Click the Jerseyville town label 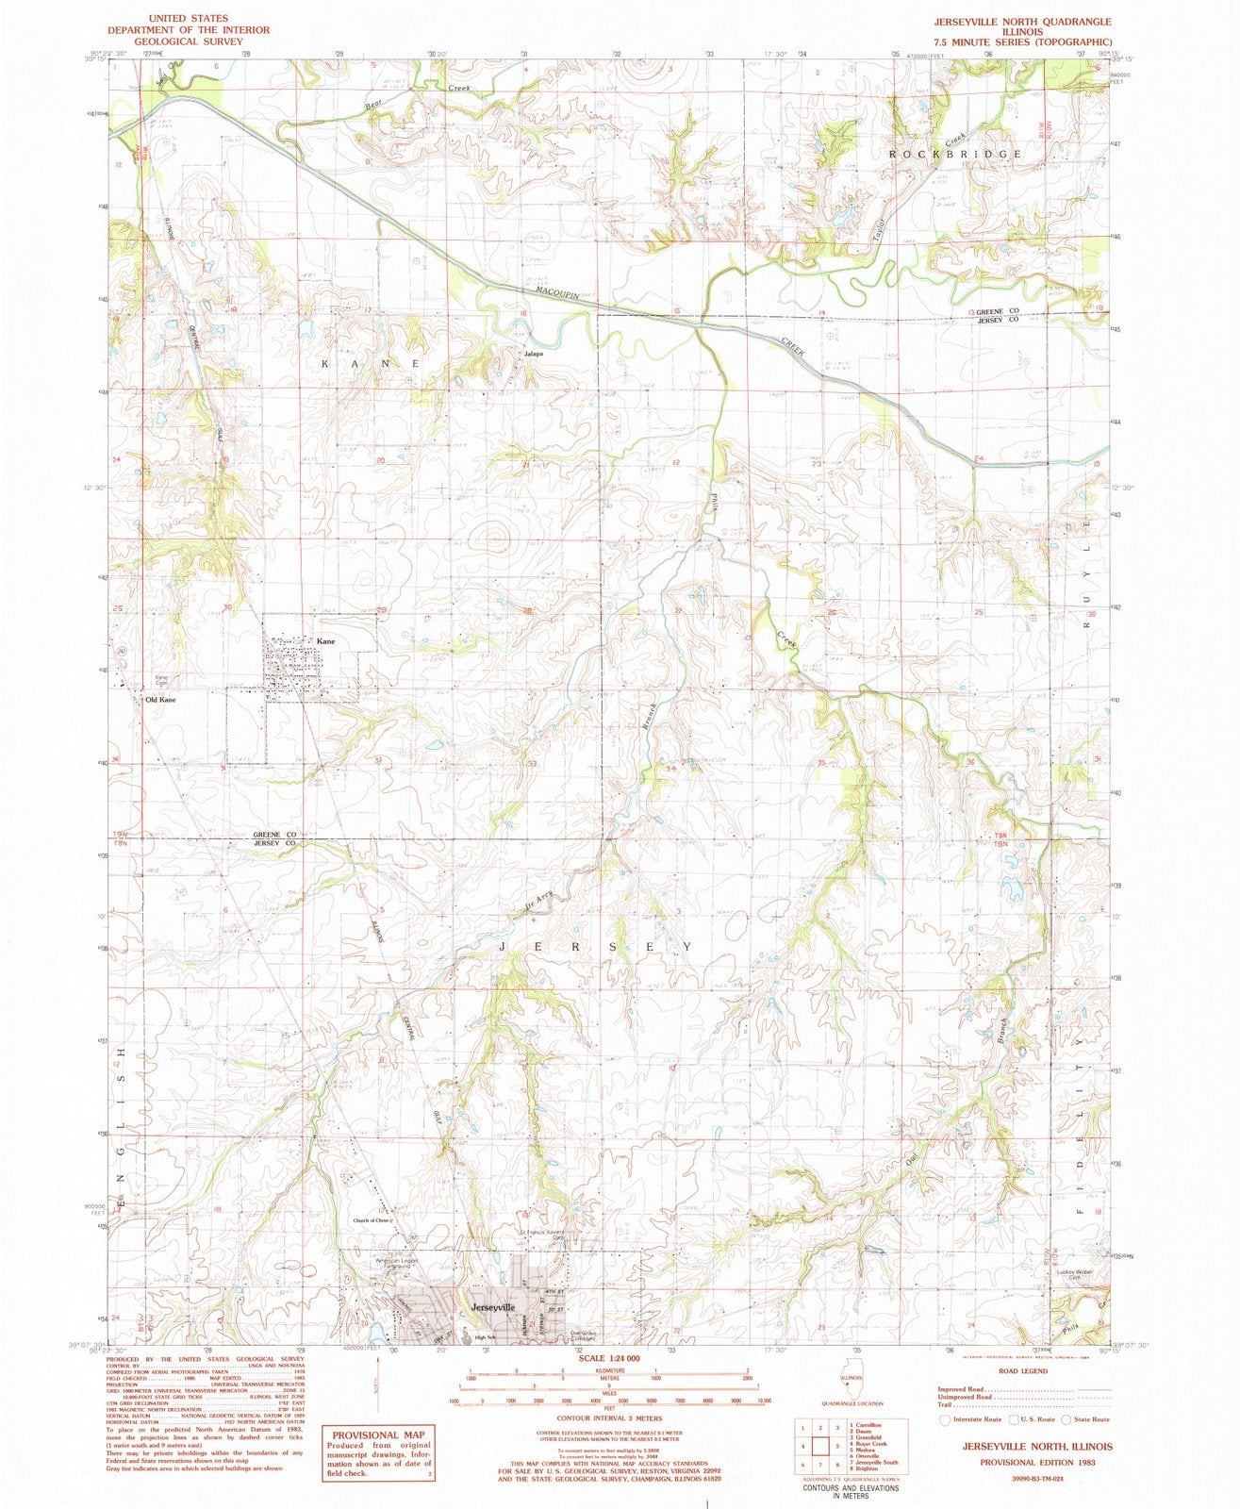point(492,1308)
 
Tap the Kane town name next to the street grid point(325,641)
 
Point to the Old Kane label point(160,700)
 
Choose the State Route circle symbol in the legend point(1066,1419)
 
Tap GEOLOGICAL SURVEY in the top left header point(189,41)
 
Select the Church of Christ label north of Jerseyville point(372,1220)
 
